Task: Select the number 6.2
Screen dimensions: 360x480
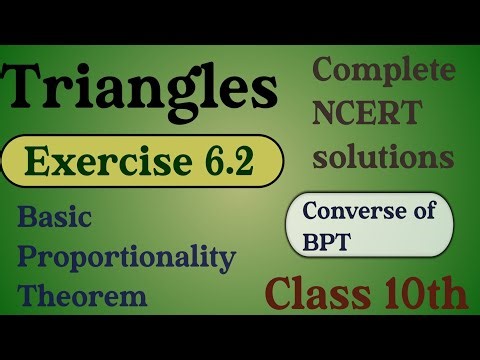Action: coord(226,160)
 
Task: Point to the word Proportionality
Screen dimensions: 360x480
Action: coord(126,258)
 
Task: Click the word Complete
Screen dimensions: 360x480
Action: coord(384,71)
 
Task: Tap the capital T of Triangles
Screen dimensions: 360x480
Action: coord(29,90)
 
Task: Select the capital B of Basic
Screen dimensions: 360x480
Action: coord(25,217)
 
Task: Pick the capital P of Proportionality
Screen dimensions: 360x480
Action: coord(27,258)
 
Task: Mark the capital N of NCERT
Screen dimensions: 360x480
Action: coord(327,114)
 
